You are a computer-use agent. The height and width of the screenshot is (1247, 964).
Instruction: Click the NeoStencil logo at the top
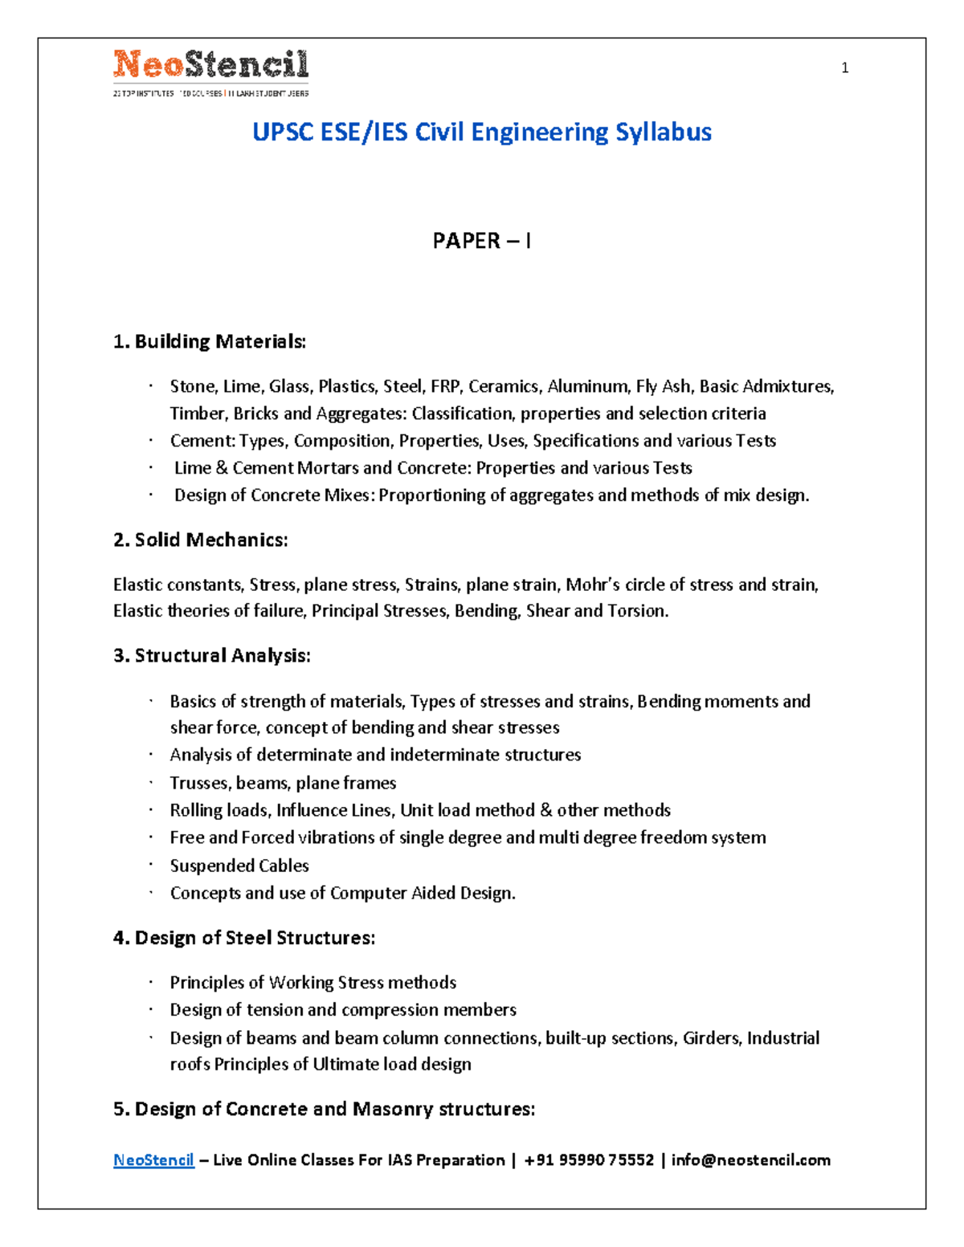(210, 71)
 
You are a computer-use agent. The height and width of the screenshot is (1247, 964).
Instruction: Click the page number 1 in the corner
(844, 68)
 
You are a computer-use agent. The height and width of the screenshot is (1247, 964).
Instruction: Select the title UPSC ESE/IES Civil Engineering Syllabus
(482, 132)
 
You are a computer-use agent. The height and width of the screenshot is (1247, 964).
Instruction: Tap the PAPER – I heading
(482, 241)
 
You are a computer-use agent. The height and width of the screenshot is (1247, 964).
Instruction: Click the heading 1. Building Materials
(210, 341)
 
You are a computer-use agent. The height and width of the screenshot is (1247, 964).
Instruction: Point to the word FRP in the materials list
(445, 386)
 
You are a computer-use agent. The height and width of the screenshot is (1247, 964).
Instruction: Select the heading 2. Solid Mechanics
(201, 540)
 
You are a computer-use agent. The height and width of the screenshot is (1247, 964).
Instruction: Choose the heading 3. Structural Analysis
(212, 655)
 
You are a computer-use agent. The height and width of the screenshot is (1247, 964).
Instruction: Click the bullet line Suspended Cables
(239, 866)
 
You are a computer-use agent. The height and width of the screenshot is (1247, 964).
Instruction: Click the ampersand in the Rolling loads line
(546, 810)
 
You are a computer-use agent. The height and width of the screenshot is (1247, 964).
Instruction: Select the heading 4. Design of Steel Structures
(244, 938)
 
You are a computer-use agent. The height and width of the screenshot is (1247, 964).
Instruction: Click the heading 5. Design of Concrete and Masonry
(324, 1109)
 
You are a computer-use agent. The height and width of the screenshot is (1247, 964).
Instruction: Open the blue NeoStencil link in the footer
(153, 1160)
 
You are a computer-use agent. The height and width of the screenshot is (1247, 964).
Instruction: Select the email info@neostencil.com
(751, 1160)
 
